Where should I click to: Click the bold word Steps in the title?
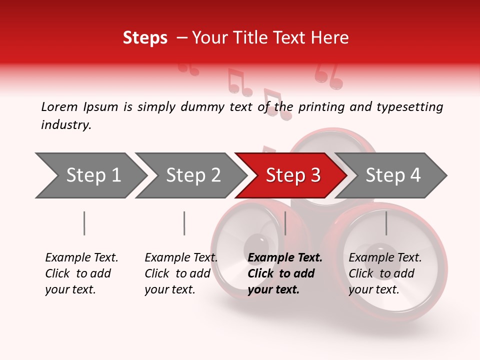(145, 38)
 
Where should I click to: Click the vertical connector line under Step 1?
(84, 223)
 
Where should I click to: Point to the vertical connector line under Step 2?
(184, 223)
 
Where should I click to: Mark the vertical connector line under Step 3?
(285, 223)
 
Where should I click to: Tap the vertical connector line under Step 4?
(386, 223)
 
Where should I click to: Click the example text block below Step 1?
(81, 273)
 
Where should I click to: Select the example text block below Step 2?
(181, 273)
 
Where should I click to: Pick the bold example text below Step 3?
(285, 273)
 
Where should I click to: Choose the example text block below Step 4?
(385, 273)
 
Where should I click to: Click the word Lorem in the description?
(59, 107)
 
